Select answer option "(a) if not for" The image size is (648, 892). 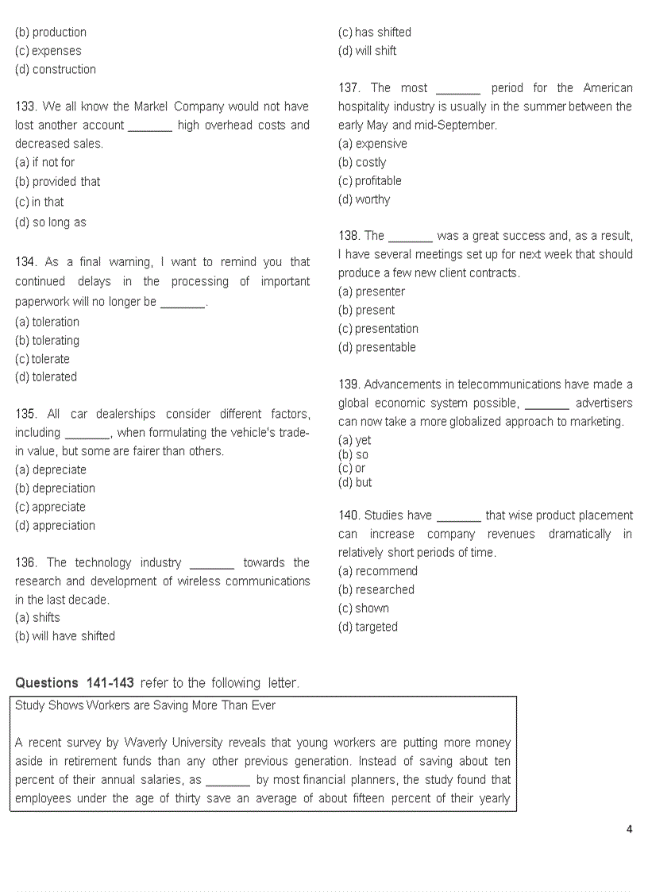click(45, 162)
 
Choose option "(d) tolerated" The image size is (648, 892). click(46, 377)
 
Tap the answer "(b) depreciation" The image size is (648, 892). click(55, 488)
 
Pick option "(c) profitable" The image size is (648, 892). click(370, 181)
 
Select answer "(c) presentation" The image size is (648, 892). click(378, 329)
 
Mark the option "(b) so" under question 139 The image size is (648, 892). click(353, 455)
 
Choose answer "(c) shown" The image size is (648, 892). click(364, 608)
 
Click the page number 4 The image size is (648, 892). click(630, 830)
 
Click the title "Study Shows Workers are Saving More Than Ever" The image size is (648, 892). click(145, 705)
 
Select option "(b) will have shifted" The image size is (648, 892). click(65, 636)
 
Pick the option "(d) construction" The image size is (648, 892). click(56, 70)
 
